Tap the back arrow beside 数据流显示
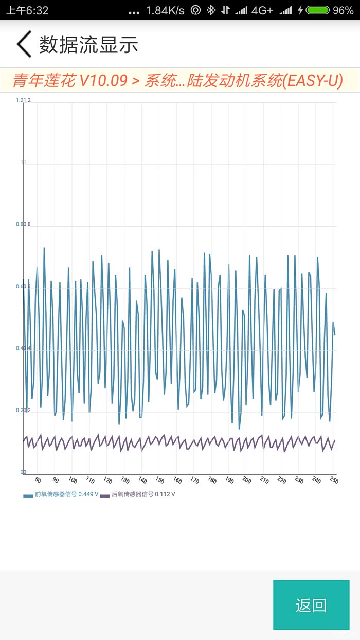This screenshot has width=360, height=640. pos(24,44)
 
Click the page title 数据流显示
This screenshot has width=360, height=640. pos(88,45)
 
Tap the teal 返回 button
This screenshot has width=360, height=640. pos(311,605)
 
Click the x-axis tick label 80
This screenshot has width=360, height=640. pos(38,480)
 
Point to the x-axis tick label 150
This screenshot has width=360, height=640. pos(159,481)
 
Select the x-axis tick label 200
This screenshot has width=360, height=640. pos(247,481)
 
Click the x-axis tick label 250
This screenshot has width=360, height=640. pos(334,481)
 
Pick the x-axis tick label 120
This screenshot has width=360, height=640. pos(107,481)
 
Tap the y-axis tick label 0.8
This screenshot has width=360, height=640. pos(23,224)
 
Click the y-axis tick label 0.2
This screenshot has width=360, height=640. pos(23,411)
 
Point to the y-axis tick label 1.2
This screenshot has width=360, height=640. pos(23,100)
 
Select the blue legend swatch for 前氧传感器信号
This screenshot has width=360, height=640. pos(28,495)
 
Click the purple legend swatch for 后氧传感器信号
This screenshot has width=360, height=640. pos(105,495)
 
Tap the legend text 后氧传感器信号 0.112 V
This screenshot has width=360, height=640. pos(143,495)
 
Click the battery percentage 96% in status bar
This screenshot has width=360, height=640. pos(343,10)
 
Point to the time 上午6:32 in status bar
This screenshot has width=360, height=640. pos(27,10)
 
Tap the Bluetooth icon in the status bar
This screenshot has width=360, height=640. pos(210,10)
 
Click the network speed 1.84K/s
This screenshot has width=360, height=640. pos(165,10)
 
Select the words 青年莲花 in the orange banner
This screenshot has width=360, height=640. pos(44,81)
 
